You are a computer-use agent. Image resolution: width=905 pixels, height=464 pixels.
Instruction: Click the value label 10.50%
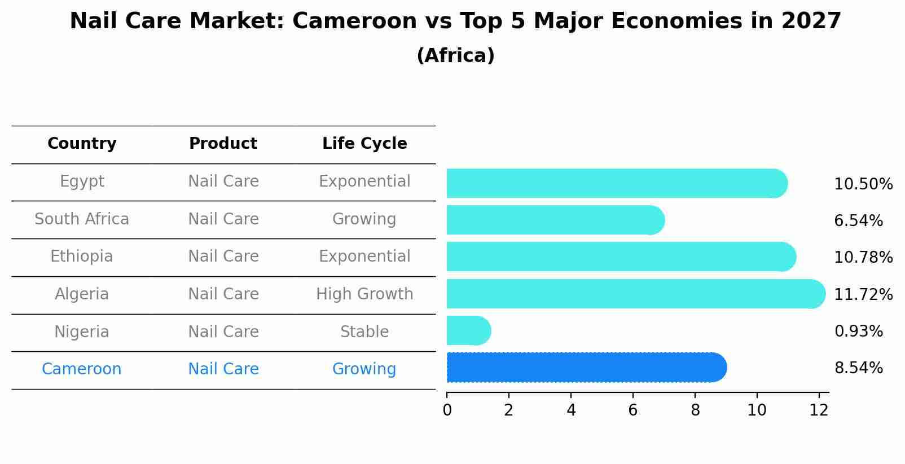[863, 184]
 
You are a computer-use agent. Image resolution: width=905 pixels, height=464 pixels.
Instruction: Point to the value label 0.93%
[858, 331]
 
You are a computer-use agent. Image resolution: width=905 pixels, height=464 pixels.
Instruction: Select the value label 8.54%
[858, 368]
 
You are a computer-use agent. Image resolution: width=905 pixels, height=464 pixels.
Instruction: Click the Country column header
[82, 144]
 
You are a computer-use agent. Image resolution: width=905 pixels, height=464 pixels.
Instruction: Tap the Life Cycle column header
[364, 144]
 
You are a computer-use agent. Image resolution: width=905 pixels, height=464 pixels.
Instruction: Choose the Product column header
[223, 144]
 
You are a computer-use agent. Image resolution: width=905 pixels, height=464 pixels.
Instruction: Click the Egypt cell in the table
[82, 182]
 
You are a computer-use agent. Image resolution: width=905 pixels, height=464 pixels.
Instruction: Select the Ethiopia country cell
[82, 257]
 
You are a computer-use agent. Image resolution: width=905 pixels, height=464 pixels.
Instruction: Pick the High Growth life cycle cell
[364, 294]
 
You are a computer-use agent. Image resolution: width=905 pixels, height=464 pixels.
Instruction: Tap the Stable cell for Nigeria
[364, 332]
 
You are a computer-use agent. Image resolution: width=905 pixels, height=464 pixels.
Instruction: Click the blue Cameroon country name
[82, 369]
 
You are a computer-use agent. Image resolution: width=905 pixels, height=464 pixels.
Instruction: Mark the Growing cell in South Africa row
[364, 219]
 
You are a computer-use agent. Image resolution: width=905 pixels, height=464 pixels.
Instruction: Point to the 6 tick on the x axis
[633, 410]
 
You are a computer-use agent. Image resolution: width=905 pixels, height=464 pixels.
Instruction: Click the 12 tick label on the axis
[819, 410]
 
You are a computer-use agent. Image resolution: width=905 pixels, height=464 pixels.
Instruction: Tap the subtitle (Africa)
[455, 56]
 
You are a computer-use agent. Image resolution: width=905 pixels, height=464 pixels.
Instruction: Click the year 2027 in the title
[811, 21]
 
